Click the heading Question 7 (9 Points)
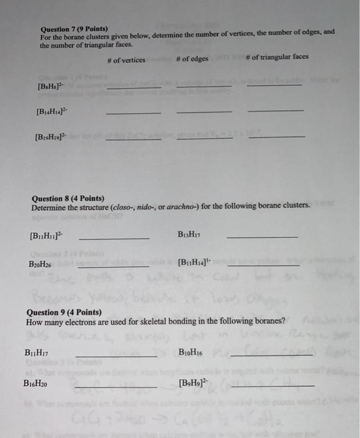point(74,29)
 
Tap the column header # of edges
point(192,59)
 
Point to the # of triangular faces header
point(277,57)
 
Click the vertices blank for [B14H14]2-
point(133,113)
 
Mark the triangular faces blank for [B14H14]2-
point(276,111)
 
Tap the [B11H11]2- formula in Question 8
point(46,237)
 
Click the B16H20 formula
point(36,384)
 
